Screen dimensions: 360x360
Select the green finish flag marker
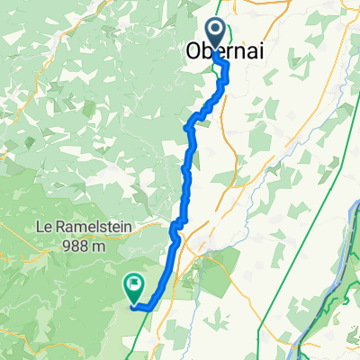point(134,287)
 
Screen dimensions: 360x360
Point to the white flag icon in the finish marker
point(134,284)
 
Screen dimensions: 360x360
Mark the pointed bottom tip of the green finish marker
point(134,300)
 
